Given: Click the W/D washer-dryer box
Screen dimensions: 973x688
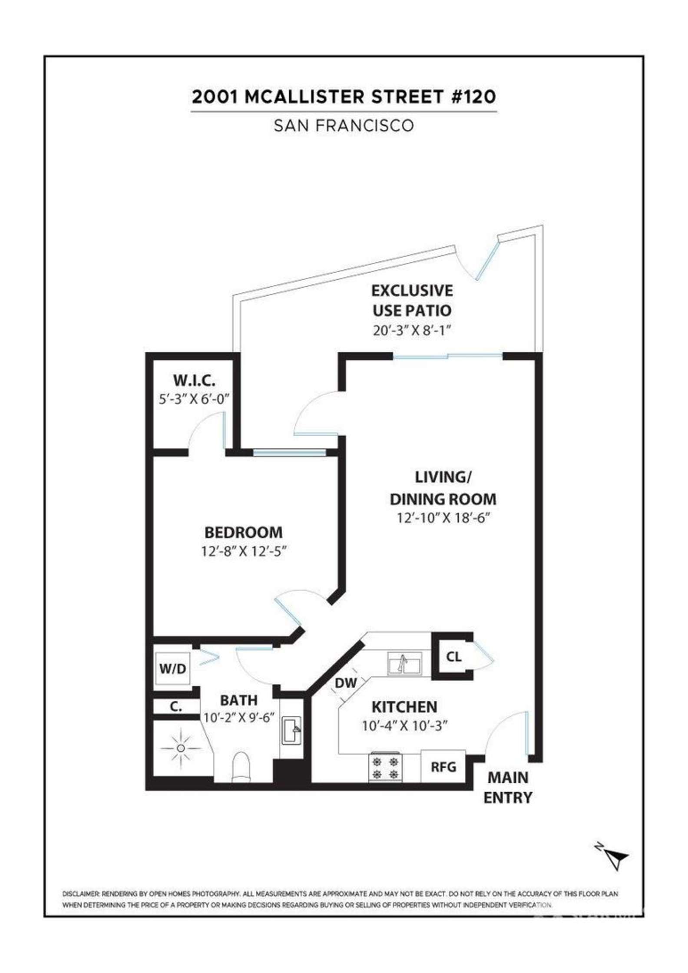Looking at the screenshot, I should (172, 669).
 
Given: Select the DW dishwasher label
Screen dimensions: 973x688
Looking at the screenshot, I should (346, 683).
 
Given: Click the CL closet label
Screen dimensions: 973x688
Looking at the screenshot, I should (453, 656).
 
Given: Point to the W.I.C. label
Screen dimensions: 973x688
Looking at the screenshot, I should (194, 381).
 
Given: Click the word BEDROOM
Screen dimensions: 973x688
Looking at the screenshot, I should (243, 532).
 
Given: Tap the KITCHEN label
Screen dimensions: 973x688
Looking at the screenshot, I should (404, 707).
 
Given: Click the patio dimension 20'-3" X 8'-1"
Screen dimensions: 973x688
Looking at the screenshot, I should (410, 331).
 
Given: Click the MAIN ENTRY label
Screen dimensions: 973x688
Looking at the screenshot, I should (508, 788).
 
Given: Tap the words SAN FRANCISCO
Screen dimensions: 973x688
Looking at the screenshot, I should (344, 126).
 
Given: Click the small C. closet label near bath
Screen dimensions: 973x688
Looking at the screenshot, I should (175, 706).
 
